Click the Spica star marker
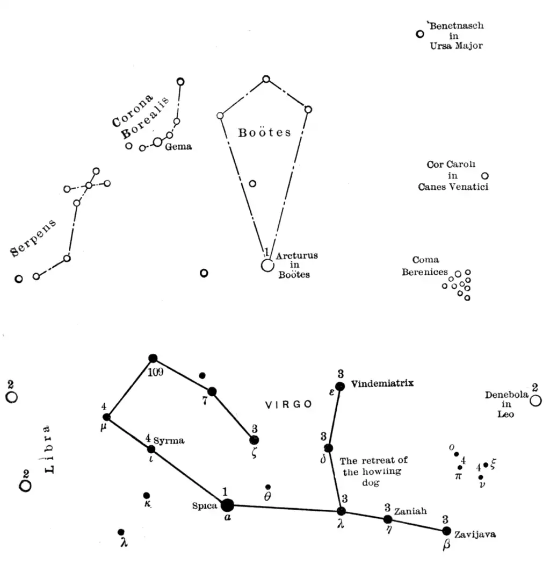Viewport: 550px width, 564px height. point(227,505)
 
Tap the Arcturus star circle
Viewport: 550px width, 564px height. point(267,265)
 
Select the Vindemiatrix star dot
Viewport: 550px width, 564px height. point(339,386)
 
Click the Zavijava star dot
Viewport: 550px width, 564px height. point(446,531)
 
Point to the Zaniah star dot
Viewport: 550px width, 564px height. point(388,519)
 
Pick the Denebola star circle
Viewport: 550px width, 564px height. point(535,401)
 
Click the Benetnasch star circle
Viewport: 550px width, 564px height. point(420,34)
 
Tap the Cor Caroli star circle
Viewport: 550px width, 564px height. point(485,176)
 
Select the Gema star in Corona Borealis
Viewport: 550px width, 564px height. point(157,142)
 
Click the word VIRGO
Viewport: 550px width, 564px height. point(288,405)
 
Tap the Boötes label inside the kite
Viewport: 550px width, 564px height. point(264,132)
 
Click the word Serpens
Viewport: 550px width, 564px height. point(33,237)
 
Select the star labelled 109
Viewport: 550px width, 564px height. point(153,358)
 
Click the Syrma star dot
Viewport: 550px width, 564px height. point(151,449)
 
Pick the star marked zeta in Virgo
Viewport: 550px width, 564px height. point(254,440)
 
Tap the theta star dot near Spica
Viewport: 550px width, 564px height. point(268,487)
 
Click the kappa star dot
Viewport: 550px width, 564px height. point(147,495)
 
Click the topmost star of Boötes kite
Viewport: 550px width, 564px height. point(266,79)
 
